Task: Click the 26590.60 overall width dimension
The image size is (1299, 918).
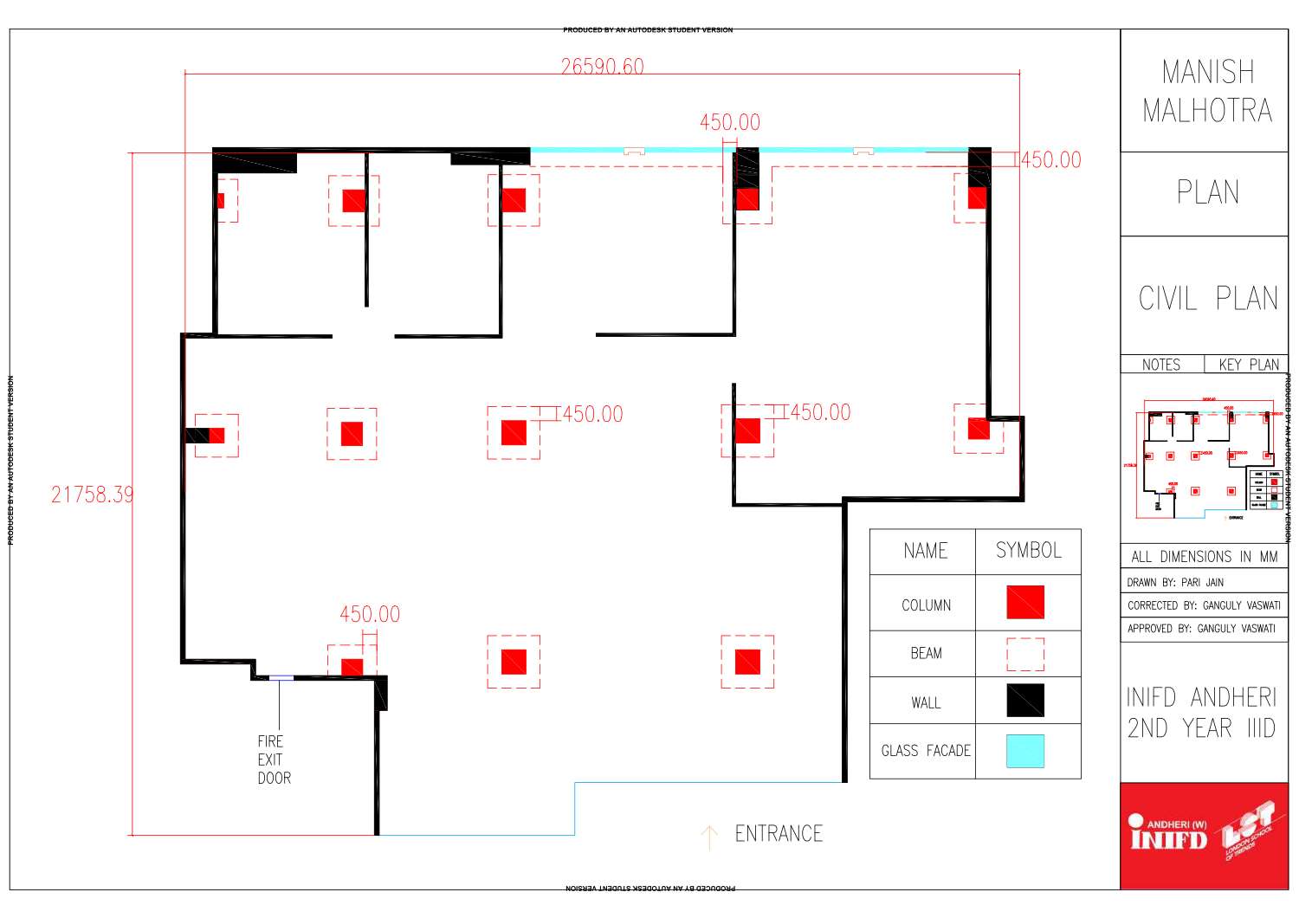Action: pyautogui.click(x=602, y=67)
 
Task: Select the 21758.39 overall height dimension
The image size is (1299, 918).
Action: pyautogui.click(x=92, y=495)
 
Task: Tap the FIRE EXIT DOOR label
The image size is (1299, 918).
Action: pyautogui.click(x=274, y=760)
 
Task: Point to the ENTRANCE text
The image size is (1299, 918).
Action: pyautogui.click(x=779, y=834)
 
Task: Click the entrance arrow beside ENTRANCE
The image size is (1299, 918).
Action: pyautogui.click(x=709, y=837)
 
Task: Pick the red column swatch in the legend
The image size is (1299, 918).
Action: pyautogui.click(x=1024, y=602)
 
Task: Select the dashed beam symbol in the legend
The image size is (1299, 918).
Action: pyautogui.click(x=1024, y=654)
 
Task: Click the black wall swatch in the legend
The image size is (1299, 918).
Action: pyautogui.click(x=1024, y=701)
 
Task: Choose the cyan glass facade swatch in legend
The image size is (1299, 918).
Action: pyautogui.click(x=1024, y=751)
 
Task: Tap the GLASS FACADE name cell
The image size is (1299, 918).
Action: pyautogui.click(x=925, y=751)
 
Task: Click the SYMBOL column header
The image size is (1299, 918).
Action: pyautogui.click(x=1028, y=551)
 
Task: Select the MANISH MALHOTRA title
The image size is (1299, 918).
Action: pyautogui.click(x=1207, y=91)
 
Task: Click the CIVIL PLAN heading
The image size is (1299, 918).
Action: pyautogui.click(x=1207, y=299)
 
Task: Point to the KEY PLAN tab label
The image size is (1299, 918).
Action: pyautogui.click(x=1248, y=365)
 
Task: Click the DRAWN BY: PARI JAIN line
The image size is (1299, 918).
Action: pyautogui.click(x=1175, y=582)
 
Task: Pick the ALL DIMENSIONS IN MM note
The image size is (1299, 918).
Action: pyautogui.click(x=1204, y=557)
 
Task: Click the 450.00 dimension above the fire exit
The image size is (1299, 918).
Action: pyautogui.click(x=370, y=615)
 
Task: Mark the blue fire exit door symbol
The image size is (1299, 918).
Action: pyautogui.click(x=281, y=678)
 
